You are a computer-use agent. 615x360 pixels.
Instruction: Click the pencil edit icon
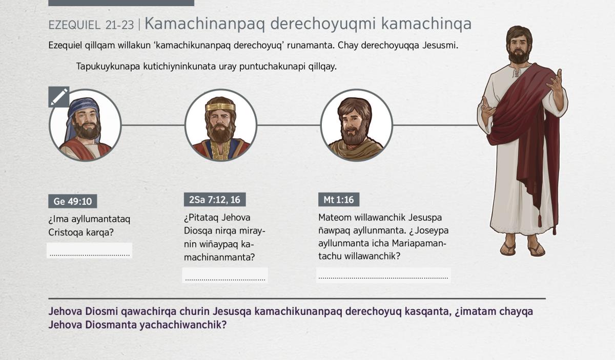point(59,97)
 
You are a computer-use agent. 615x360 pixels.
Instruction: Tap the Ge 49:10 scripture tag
point(72,201)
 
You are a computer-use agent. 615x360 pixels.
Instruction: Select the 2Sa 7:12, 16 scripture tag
point(215,200)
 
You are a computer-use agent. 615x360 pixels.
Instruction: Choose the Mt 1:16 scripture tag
point(339,200)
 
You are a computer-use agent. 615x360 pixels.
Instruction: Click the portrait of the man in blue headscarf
point(85,125)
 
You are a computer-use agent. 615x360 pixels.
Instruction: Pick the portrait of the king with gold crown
point(221,125)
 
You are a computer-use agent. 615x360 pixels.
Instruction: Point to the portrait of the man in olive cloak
point(356,125)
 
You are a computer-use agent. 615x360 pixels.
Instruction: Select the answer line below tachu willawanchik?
point(383,278)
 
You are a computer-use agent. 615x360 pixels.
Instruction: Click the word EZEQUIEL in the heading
point(74,25)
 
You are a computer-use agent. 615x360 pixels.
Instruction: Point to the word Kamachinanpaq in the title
point(204,24)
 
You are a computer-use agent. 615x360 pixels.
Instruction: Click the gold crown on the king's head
point(220,107)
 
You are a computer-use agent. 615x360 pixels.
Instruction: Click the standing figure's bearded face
point(518,47)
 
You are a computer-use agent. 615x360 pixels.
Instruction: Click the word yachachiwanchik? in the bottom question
point(183,325)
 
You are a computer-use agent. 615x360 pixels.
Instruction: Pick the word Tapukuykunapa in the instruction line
point(108,67)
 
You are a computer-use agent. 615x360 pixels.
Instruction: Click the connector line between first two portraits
point(153,125)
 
